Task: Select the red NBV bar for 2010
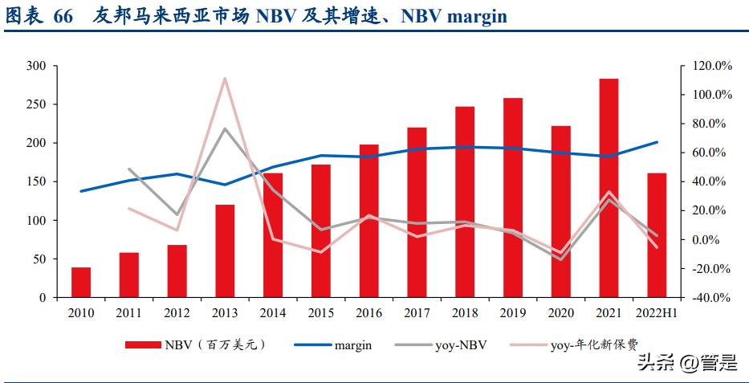(x=81, y=283)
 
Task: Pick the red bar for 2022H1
(x=657, y=235)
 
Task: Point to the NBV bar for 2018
(x=465, y=202)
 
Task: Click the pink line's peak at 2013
(x=225, y=78)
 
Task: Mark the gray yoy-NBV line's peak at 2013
(x=225, y=128)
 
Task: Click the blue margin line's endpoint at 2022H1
(x=657, y=142)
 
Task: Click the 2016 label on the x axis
(x=369, y=312)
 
